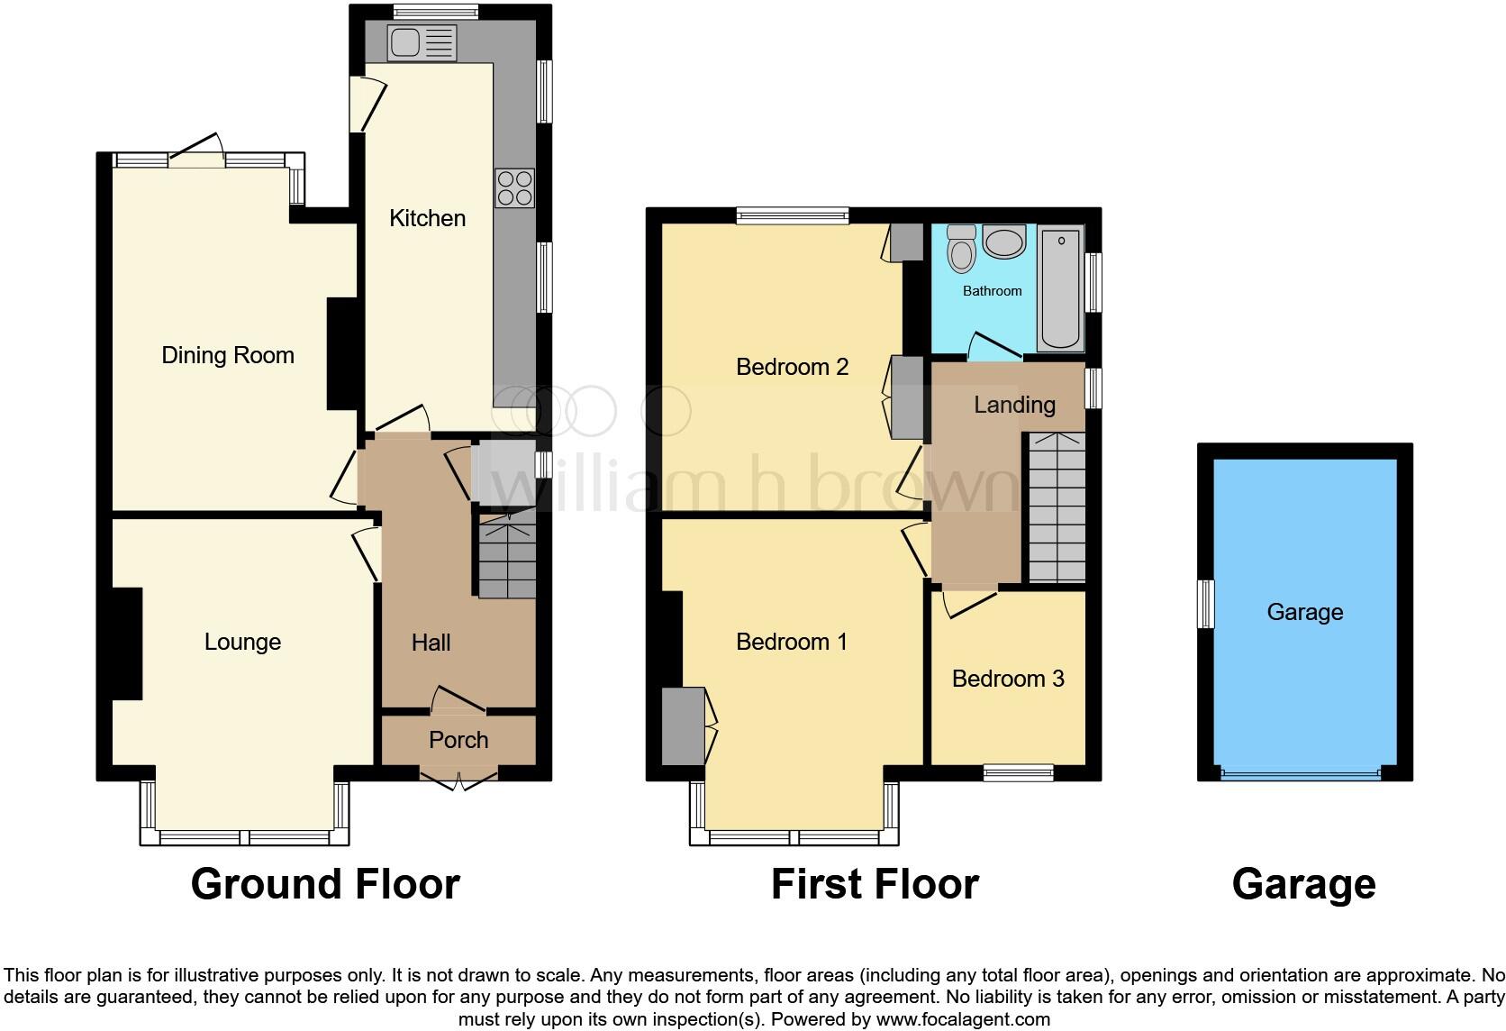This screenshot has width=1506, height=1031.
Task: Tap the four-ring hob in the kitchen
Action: click(x=514, y=188)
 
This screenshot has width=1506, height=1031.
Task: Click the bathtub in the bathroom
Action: click(x=1060, y=288)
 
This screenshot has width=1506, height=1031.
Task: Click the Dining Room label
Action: click(x=228, y=355)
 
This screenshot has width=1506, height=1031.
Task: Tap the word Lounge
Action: click(x=242, y=642)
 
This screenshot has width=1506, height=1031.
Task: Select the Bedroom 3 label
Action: click(x=1008, y=679)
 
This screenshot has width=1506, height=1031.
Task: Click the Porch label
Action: click(x=458, y=740)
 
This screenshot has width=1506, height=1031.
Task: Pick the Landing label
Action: click(x=1014, y=405)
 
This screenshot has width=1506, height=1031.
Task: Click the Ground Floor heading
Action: click(x=325, y=884)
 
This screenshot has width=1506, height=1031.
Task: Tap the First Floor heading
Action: click(x=875, y=884)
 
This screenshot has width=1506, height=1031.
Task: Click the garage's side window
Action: click(x=1205, y=604)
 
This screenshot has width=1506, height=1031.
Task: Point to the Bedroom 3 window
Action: click(x=1018, y=772)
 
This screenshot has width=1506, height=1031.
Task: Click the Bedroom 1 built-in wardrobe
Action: click(x=683, y=726)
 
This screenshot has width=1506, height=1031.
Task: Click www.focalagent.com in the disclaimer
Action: click(x=963, y=1020)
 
